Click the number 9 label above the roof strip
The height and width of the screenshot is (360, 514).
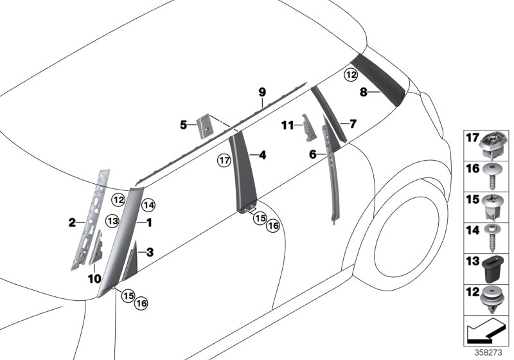pyautogui.click(x=262, y=93)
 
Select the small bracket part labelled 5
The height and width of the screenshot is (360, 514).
pyautogui.click(x=204, y=125)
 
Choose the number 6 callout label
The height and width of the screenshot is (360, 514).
pyautogui.click(x=313, y=154)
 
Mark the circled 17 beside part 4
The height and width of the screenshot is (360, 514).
pyautogui.click(x=224, y=159)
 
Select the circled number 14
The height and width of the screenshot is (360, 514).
pyautogui.click(x=149, y=205)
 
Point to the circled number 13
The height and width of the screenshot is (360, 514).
pyautogui.click(x=112, y=221)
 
